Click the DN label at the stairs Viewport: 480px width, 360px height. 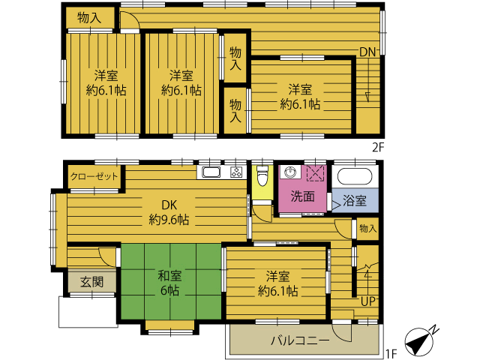coord(367,52)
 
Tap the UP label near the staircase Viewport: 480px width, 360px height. coord(367,301)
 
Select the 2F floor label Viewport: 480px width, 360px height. coord(378,148)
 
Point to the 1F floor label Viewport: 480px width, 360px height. coord(391,353)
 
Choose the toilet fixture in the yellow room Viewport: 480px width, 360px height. coord(262,175)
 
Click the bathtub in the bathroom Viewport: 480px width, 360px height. coord(355,176)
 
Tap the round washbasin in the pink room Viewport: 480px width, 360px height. coord(289,172)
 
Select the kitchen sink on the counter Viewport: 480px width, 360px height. coord(211,172)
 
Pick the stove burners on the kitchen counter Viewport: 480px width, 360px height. coord(236,172)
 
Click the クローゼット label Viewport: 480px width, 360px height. coord(94,177)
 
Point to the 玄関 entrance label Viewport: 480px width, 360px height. coord(91,282)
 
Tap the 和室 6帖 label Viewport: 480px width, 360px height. coord(169,283)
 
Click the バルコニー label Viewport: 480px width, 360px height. coord(300,340)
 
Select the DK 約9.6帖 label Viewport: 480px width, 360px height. coord(169,212)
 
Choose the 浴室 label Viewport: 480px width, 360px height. coord(355,200)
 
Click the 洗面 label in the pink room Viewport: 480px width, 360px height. coord(302,196)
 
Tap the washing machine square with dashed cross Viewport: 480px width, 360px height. coord(315,173)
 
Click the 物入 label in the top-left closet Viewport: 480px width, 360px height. coord(89,18)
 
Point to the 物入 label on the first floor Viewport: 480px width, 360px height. coord(367,228)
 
